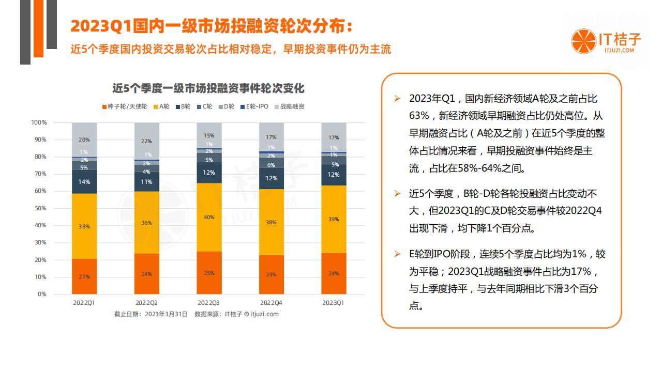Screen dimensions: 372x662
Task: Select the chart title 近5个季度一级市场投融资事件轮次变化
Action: [208, 89]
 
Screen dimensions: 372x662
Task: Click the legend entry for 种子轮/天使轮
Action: [124, 107]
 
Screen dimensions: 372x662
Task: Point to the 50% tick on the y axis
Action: [39, 208]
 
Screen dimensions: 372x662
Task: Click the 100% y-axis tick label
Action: [39, 122]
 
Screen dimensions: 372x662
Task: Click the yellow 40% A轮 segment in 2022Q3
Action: [209, 218]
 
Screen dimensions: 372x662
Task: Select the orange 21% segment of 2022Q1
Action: [84, 276]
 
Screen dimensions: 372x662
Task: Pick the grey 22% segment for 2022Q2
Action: [147, 141]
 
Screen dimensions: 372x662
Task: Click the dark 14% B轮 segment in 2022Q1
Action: [84, 182]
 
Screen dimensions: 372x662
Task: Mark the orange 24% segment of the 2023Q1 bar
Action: [334, 273]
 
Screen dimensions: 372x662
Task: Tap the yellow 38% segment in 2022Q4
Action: [271, 222]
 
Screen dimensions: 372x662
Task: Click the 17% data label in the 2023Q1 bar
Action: [334, 137]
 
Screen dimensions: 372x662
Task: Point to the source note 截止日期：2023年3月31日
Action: [151, 314]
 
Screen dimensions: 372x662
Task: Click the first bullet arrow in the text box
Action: [397, 99]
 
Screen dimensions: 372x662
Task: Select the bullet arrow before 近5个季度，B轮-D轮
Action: [397, 194]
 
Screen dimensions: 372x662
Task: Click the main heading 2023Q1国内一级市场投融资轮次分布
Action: [212, 27]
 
